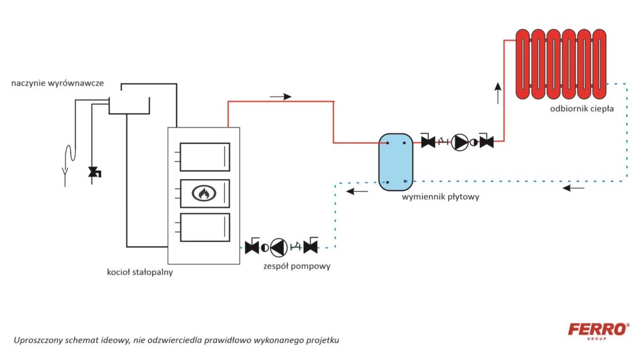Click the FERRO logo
(598, 330)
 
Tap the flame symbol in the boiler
(204, 194)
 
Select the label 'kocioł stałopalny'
(139, 273)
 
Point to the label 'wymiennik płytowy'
(441, 197)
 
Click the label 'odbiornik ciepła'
(581, 108)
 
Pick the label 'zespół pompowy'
(297, 266)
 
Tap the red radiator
(561, 63)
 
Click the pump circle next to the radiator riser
(460, 143)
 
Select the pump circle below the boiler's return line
(279, 247)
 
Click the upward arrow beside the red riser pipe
(498, 93)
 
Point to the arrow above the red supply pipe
(280, 96)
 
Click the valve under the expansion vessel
(95, 172)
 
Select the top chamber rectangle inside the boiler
(205, 156)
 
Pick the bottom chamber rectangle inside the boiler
(205, 227)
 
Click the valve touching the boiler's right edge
(252, 247)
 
